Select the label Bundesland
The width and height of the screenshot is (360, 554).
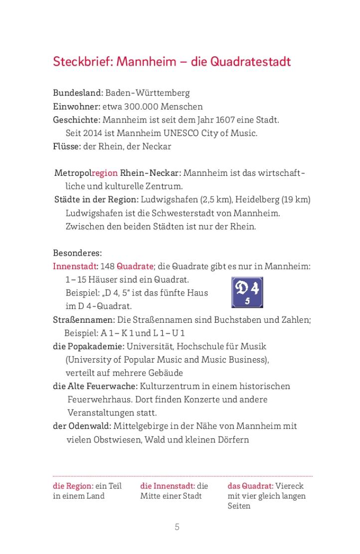pos(78,93)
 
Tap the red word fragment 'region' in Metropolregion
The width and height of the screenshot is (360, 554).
pos(105,173)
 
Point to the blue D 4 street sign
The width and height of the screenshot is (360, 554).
pos(247,292)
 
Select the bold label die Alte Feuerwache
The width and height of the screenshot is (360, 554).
pos(95,386)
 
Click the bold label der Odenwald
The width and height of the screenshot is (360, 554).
pos(82,426)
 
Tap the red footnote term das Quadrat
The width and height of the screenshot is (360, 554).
pos(250,486)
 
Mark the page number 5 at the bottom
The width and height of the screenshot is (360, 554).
pos(177,527)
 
